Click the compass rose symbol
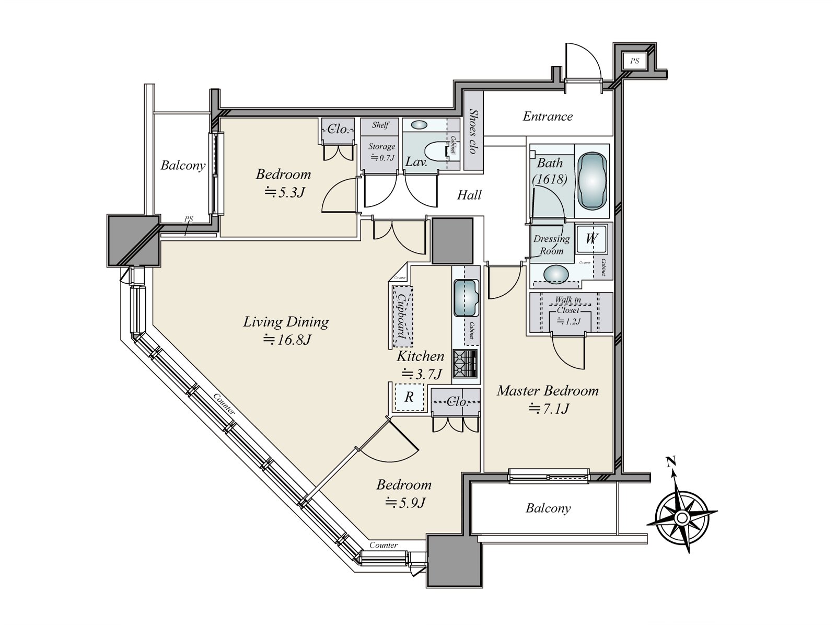682,516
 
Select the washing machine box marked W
591,239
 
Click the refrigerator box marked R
409,397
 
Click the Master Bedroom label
547,391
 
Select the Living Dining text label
286,322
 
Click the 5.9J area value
405,503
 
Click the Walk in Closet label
567,305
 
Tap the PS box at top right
634,61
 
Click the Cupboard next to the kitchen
402,317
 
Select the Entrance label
548,116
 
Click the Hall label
469,195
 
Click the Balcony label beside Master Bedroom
548,508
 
